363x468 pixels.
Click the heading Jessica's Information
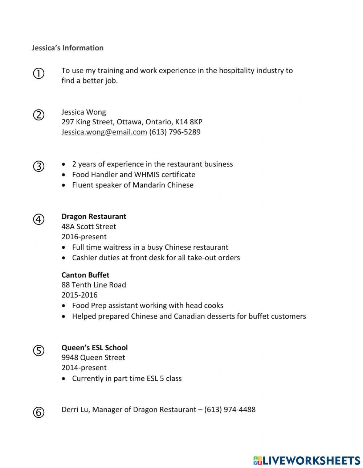(x=68, y=48)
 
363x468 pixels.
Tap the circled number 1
(x=38, y=74)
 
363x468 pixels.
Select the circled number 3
(x=38, y=166)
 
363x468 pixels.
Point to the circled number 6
(x=38, y=412)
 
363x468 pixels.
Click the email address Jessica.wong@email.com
(x=104, y=132)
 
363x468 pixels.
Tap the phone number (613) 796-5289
(x=175, y=132)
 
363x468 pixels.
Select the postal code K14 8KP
(x=189, y=122)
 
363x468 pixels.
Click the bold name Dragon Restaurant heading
(x=94, y=216)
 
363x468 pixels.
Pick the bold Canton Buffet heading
(x=85, y=275)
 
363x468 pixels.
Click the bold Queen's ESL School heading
(x=94, y=347)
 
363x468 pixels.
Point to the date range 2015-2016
(x=79, y=295)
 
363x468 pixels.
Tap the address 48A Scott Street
(x=89, y=227)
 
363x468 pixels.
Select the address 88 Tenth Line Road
(x=94, y=285)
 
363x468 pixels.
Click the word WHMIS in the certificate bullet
(x=147, y=174)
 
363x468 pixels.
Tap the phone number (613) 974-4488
(x=230, y=410)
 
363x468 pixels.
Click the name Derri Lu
(x=76, y=410)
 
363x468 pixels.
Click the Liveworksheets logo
(x=306, y=460)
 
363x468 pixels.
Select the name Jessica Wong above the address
(x=83, y=112)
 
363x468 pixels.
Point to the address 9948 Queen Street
(x=93, y=357)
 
